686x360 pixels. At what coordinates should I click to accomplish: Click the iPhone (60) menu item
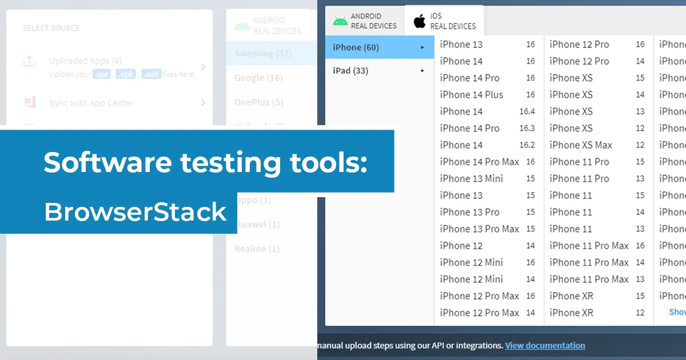coord(356,47)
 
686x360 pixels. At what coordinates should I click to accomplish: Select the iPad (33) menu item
coord(350,71)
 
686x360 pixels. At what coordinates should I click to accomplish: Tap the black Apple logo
coord(420,22)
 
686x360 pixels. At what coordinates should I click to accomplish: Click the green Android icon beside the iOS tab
coord(340,21)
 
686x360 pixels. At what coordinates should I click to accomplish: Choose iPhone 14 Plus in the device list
coord(471,95)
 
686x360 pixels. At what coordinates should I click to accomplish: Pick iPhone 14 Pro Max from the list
coord(479,162)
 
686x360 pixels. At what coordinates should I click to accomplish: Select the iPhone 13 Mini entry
coord(471,178)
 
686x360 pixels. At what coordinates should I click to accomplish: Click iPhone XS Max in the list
coord(580,145)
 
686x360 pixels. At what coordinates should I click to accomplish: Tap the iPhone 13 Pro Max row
coord(479,229)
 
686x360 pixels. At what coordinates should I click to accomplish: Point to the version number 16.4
coord(527,112)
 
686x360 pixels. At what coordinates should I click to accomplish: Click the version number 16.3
coord(527,129)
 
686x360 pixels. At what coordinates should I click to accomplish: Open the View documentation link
coord(545,346)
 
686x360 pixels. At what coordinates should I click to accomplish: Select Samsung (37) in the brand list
coord(263,54)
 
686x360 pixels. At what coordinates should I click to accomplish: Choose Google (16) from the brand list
coord(258,78)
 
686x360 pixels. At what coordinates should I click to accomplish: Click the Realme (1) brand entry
coord(257,249)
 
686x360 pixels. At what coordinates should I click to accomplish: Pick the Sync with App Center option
coord(91,103)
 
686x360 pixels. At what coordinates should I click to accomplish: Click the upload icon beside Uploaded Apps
coord(30,61)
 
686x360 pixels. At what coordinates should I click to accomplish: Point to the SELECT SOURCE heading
coord(51,28)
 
